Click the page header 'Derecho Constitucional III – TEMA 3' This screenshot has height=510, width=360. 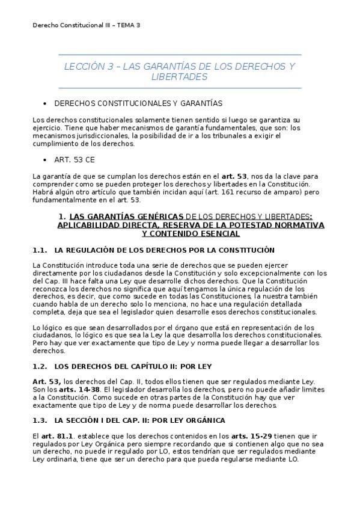pyautogui.click(x=87, y=25)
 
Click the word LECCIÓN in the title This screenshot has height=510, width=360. pyautogui.click(x=84, y=67)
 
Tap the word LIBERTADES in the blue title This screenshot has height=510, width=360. pyautogui.click(x=180, y=78)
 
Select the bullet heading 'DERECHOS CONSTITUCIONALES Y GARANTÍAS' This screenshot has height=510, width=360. pyautogui.click(x=138, y=103)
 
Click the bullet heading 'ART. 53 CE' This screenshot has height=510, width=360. pyautogui.click(x=74, y=160)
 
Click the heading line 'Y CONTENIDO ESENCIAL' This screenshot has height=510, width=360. pyautogui.click(x=180, y=233)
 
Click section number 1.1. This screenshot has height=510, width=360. pyautogui.click(x=40, y=250)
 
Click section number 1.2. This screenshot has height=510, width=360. pyautogui.click(x=40, y=366)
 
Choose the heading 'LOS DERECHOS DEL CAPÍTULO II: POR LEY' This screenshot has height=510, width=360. pyautogui.click(x=133, y=366)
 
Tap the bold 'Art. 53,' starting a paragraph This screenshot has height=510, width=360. pyautogui.click(x=46, y=381)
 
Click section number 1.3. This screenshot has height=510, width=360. pyautogui.click(x=40, y=420)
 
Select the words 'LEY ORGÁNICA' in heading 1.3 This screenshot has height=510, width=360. pyautogui.click(x=200, y=420)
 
